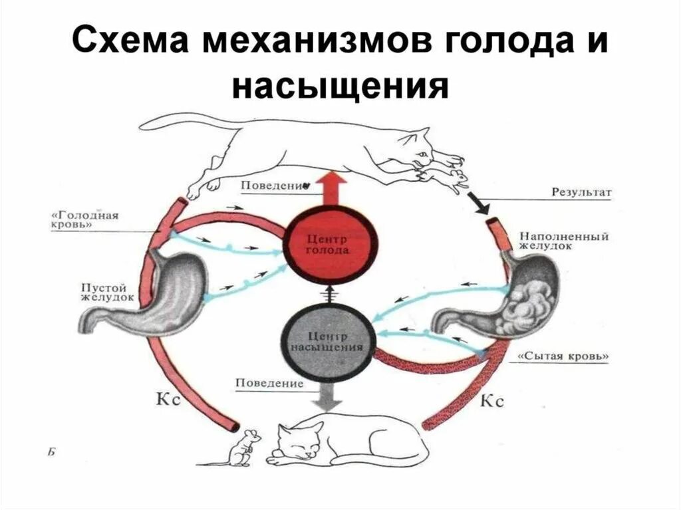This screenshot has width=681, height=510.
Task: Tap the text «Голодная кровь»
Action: click(84, 221)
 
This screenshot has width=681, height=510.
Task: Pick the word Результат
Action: click(581, 192)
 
